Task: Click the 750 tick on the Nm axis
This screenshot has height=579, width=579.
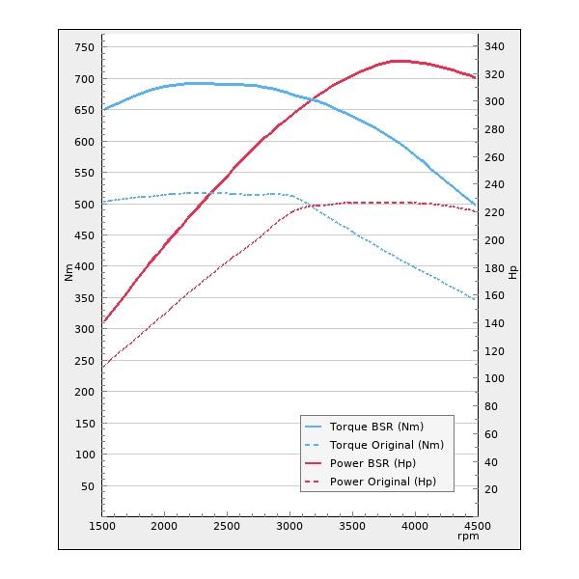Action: pos(84,47)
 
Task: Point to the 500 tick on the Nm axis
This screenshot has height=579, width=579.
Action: pos(84,205)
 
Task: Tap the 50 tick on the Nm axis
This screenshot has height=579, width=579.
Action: pos(87,486)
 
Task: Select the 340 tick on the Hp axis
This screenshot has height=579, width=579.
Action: pos(494,46)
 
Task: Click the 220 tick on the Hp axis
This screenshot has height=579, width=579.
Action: pos(494,212)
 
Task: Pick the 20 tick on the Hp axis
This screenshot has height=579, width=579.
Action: pos(491,489)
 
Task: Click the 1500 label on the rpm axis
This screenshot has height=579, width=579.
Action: pos(102,526)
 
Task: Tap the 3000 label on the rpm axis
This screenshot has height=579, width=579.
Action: pos(289,526)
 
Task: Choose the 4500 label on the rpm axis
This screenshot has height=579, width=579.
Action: pos(476,526)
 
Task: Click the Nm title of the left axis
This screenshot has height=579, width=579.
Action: pos(69,272)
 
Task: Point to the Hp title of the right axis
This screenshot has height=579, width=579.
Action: pos(512,272)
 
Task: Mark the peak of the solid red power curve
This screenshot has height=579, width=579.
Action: pos(396,61)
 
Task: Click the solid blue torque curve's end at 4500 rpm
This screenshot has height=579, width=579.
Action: pos(476,205)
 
